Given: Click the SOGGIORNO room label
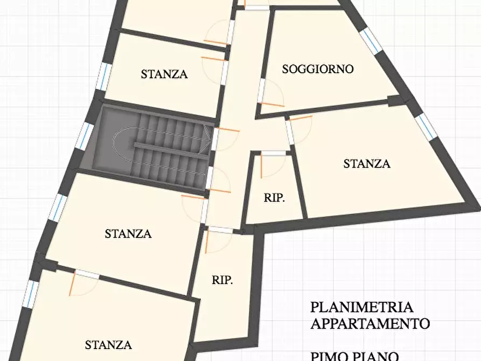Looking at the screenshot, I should pos(318,69).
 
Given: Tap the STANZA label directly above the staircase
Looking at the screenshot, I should pos(164,74).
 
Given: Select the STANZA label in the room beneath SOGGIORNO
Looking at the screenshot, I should pos(367,164).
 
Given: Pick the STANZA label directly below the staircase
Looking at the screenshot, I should pos(128,234).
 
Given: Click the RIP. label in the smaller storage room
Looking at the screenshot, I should pos(274,198).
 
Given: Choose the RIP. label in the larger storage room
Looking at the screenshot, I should pos(222,280).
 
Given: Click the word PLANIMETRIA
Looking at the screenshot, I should pos(361,307).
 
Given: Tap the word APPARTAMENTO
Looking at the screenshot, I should pos(370,324).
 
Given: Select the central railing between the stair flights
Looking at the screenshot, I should pos(171,147).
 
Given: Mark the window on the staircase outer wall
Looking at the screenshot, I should pos(85,136).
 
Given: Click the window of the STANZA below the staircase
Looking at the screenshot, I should pos(58,207).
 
